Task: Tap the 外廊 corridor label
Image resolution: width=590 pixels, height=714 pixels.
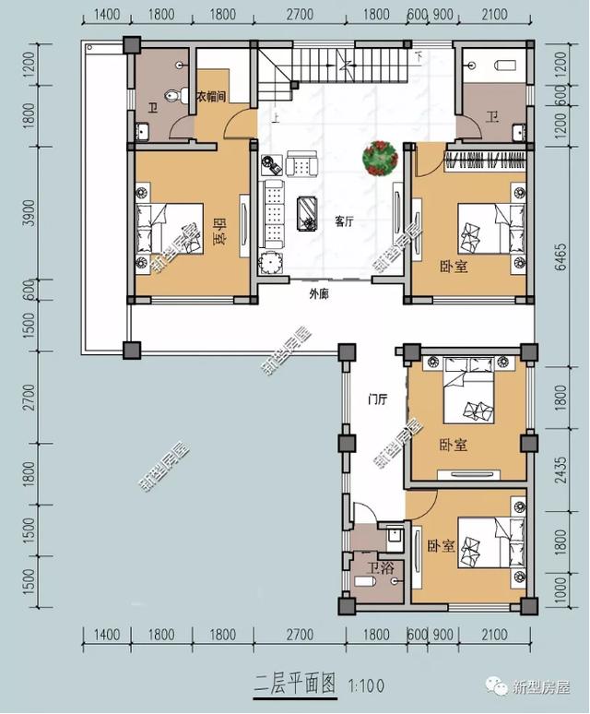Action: (320, 295)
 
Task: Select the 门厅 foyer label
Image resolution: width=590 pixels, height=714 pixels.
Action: (376, 399)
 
